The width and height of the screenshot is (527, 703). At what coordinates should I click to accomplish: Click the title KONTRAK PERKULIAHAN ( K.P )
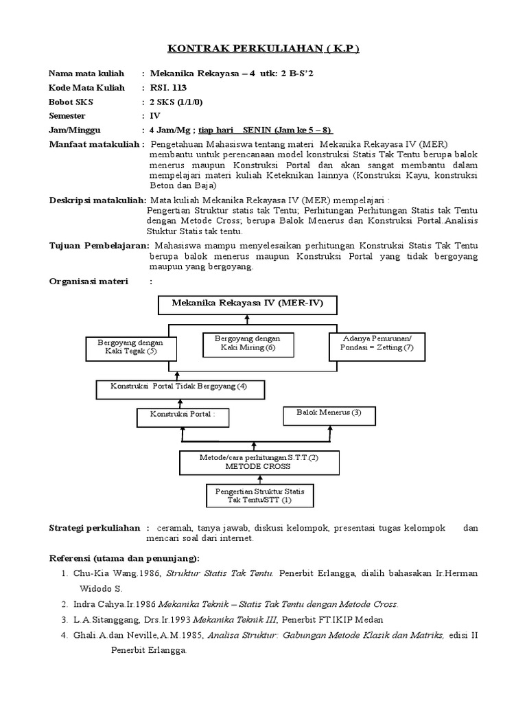[x=263, y=49]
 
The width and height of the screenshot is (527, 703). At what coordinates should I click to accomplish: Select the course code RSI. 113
[x=168, y=87]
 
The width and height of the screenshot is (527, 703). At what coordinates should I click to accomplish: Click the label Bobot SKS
[x=71, y=102]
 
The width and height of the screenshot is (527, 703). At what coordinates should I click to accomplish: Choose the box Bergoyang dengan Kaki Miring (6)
[x=248, y=343]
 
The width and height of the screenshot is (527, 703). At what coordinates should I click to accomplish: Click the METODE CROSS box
[x=249, y=462]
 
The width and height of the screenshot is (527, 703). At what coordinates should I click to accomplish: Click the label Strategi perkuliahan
[x=95, y=528]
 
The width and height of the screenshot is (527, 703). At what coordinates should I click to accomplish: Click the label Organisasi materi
[x=89, y=281]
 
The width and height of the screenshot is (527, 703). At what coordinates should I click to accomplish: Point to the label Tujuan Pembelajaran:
[x=99, y=245]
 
